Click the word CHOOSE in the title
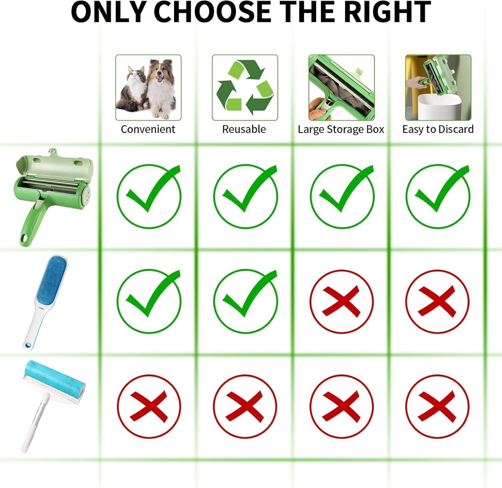coord(213,12)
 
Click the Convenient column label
coord(148,129)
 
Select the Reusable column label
coord(244,129)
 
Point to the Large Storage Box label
coord(341,130)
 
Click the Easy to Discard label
coord(438,129)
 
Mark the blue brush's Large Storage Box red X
coord(341,301)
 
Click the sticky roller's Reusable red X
coord(245,406)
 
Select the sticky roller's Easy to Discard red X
coord(437,406)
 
